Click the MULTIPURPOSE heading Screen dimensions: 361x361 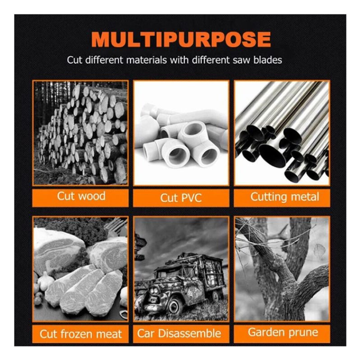tap(181, 39)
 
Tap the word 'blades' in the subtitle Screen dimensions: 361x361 tap(268, 60)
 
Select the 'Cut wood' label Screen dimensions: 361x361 tap(81, 196)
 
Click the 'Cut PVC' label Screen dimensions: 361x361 tap(181, 198)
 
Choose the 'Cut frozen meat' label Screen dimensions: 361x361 tap(81, 334)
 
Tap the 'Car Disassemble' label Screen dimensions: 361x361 tap(179, 333)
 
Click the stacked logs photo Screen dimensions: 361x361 tap(80, 133)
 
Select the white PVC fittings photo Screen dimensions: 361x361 tap(181, 133)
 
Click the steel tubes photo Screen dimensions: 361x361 tap(282, 133)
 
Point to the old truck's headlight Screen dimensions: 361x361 tap(153, 291)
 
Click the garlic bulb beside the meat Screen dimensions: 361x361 tap(46, 281)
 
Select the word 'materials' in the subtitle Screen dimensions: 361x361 tap(146, 60)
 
